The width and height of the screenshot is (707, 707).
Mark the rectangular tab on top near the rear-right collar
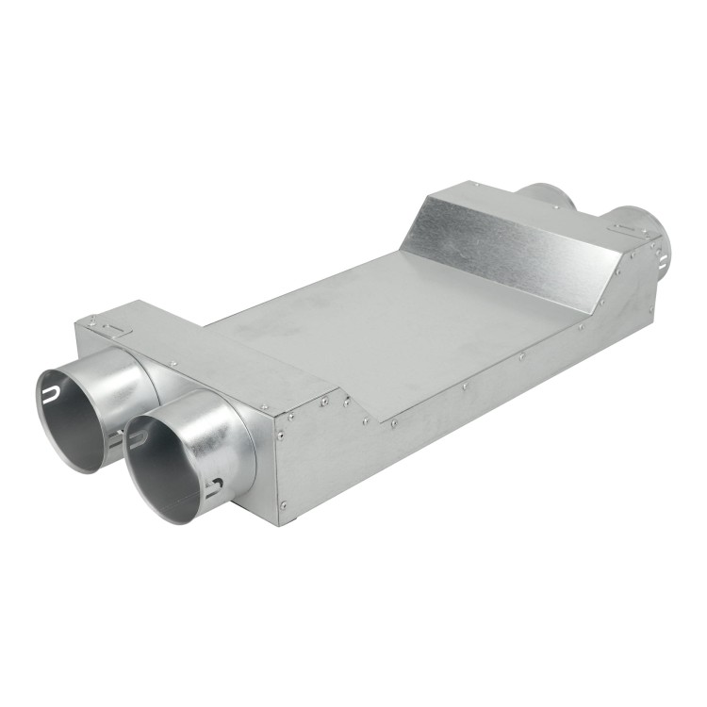tap(623, 228)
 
